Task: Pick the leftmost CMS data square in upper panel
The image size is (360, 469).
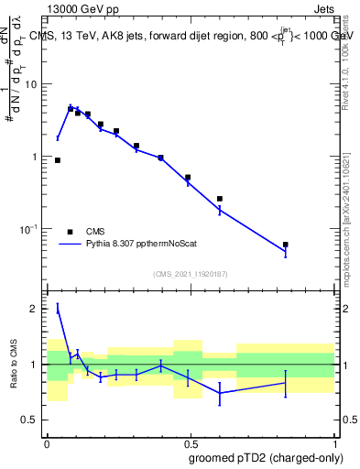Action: pyautogui.click(x=58, y=160)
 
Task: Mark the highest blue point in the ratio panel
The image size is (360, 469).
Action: pyautogui.click(x=58, y=309)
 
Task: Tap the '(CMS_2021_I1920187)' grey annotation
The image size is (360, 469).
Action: pyautogui.click(x=190, y=273)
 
